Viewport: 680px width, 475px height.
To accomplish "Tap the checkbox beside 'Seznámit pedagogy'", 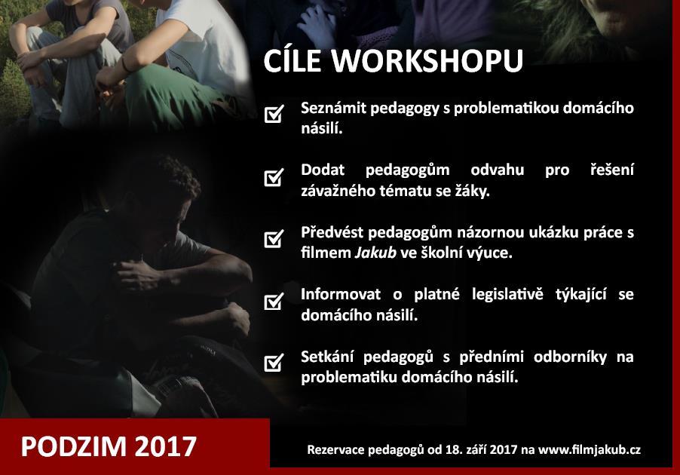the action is [274, 114].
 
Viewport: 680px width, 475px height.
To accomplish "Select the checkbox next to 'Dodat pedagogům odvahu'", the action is [274, 177].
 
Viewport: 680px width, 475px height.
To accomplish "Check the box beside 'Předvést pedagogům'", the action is [274, 238].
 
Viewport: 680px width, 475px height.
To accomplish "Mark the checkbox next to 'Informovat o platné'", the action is [274, 301].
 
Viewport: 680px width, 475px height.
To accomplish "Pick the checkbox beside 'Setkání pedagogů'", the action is [274, 363].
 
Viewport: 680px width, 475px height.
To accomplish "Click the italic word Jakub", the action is [375, 253].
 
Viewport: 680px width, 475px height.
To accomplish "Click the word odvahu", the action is [497, 170].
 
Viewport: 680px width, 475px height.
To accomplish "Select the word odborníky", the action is [570, 357].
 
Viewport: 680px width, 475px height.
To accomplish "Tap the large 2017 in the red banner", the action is [166, 446].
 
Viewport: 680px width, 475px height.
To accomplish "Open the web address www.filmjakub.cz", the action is [590, 450].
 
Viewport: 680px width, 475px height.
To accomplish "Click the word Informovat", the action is [341, 295].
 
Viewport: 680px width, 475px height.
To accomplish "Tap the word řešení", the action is [612, 170].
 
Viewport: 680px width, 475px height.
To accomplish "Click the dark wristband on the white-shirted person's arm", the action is [125, 65].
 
